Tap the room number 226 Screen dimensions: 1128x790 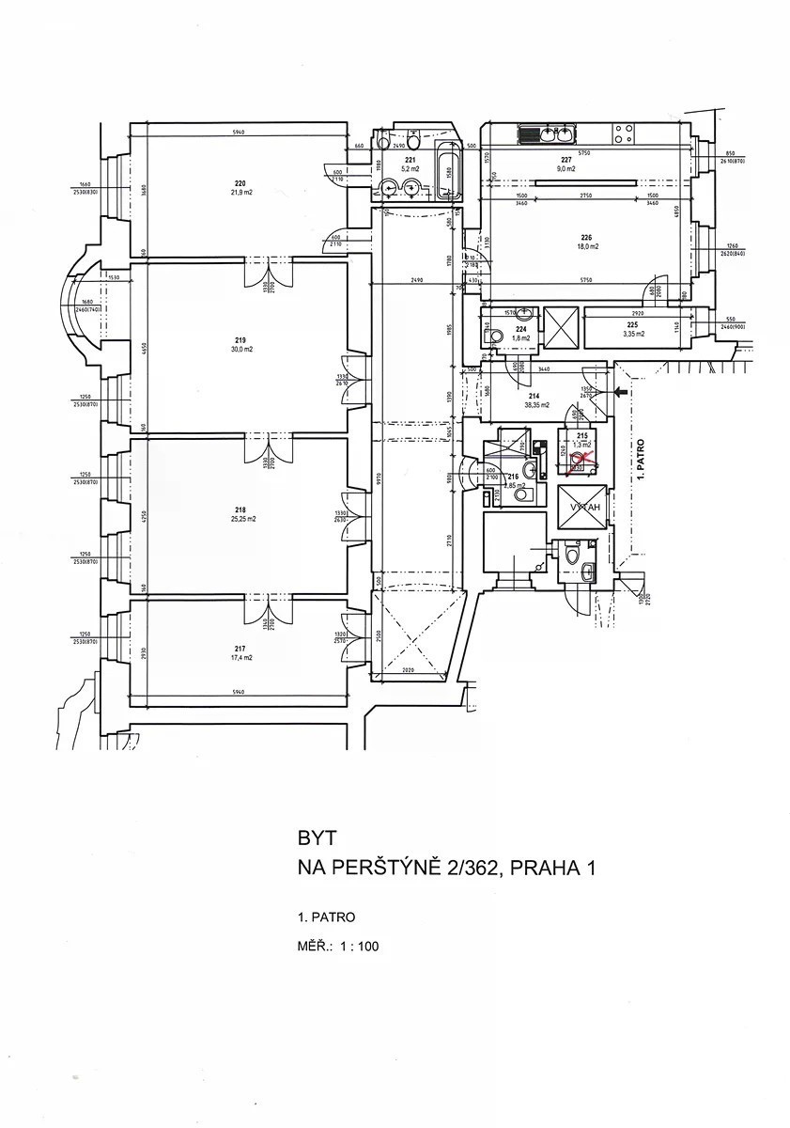pos(587,237)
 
